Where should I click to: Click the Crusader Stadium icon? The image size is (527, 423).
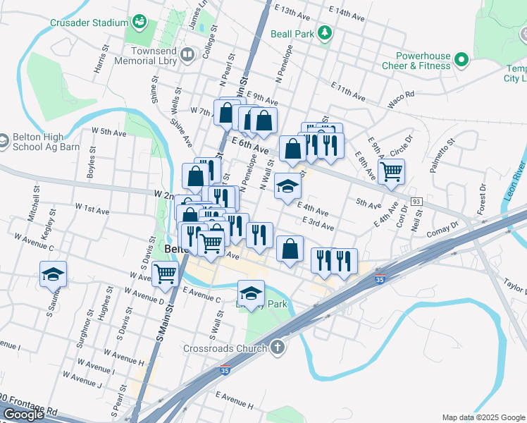[x=139, y=23]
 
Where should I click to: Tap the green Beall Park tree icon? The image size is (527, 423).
[x=324, y=33]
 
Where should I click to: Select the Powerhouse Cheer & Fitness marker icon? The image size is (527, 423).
[x=462, y=60]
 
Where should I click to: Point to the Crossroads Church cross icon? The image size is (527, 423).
[x=278, y=348]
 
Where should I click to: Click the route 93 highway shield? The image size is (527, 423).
[x=416, y=202]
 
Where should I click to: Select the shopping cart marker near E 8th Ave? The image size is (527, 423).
[x=391, y=171]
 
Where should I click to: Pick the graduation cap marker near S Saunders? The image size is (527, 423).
[x=53, y=273]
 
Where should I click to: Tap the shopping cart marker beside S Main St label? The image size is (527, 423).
[x=166, y=274]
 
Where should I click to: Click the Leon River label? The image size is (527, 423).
[x=514, y=182]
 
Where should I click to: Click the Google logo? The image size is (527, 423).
[x=23, y=415]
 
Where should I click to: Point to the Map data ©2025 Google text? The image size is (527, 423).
[x=483, y=417]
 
